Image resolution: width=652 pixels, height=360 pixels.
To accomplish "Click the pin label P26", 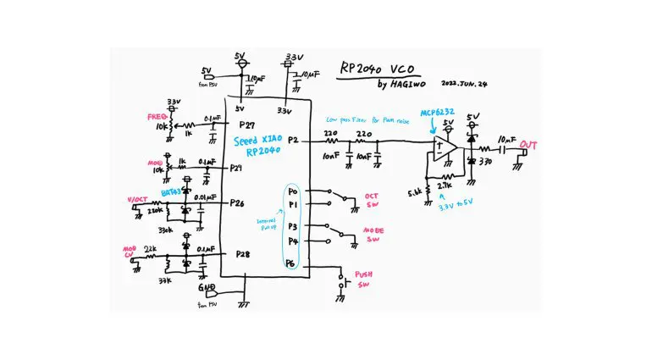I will [237, 203].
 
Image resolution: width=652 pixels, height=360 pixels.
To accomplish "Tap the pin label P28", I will [242, 253].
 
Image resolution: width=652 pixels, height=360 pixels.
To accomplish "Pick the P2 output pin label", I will [293, 139].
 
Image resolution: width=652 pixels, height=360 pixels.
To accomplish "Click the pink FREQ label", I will [157, 115].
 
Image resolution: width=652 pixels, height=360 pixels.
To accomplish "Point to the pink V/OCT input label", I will [137, 199].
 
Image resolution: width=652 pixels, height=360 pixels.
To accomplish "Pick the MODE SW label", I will [373, 235].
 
